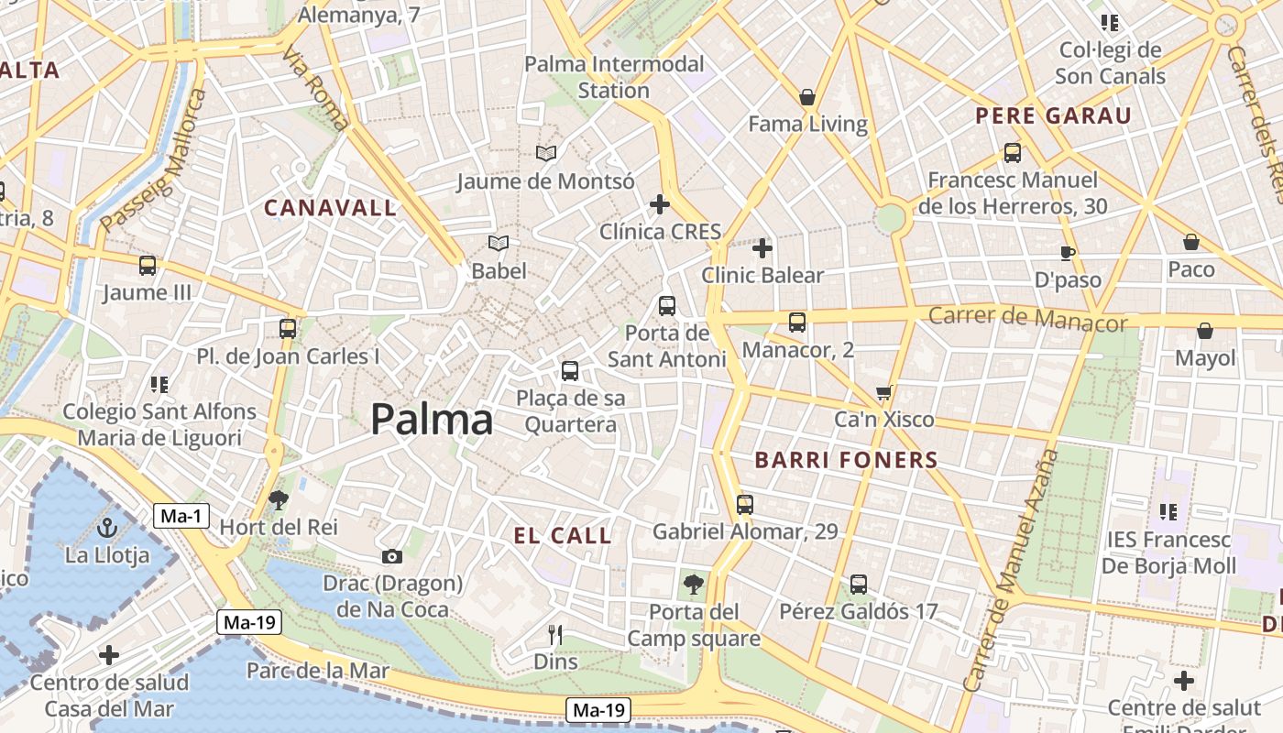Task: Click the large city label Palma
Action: click(432, 420)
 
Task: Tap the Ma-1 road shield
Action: click(181, 516)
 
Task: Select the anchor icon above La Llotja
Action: click(107, 528)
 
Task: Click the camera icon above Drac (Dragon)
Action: click(391, 556)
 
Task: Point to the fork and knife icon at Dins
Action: click(554, 634)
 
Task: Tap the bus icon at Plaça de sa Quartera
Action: click(570, 371)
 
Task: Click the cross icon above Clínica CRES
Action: click(659, 203)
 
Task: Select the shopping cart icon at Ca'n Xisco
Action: click(883, 393)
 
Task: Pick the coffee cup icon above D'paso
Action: click(1067, 252)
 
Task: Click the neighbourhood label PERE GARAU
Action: click(1053, 116)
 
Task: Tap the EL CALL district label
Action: click(563, 536)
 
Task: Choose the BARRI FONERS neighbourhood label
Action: click(846, 460)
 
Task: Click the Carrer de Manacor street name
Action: click(1027, 319)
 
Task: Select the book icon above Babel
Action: click(499, 243)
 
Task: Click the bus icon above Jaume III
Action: click(147, 266)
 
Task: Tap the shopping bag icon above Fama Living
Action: click(807, 96)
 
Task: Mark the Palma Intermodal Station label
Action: click(614, 77)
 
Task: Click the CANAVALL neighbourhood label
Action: click(330, 208)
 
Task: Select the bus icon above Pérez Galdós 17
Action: click(859, 584)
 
